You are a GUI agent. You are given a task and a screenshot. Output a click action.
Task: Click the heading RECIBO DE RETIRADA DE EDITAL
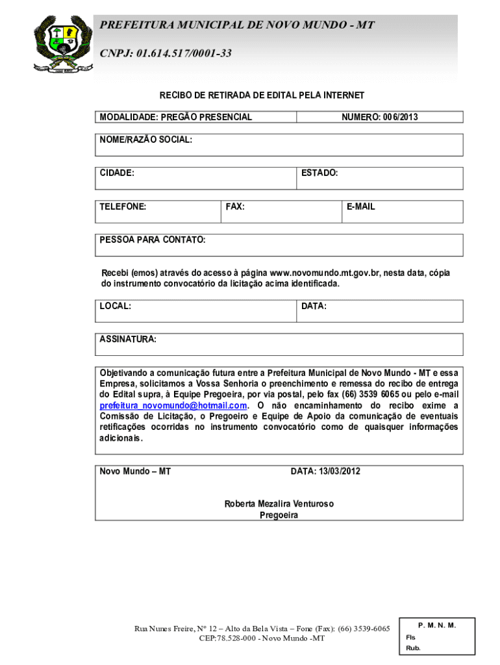[262, 95]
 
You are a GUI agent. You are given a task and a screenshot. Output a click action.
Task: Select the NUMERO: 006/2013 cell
[379, 118]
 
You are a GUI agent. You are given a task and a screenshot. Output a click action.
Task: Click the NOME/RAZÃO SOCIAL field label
[145, 140]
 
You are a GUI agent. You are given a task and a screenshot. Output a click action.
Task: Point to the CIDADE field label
[117, 173]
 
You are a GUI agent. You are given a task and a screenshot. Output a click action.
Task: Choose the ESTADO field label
[319, 173]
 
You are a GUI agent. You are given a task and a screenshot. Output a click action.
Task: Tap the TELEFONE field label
[123, 207]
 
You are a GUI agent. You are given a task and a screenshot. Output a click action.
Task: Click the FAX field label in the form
[235, 207]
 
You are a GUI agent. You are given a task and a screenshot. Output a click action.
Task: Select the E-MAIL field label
[360, 207]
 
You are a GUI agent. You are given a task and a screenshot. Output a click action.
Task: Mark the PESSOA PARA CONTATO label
[153, 240]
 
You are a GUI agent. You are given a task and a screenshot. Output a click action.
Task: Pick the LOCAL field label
[116, 305]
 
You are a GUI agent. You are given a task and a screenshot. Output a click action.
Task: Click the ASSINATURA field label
[128, 339]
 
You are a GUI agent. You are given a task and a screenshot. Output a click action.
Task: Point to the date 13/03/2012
[339, 471]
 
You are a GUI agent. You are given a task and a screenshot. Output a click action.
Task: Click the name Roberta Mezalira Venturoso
[279, 504]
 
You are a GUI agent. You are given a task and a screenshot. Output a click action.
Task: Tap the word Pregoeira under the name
[279, 515]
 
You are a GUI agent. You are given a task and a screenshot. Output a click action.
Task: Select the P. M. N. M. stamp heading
[437, 625]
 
